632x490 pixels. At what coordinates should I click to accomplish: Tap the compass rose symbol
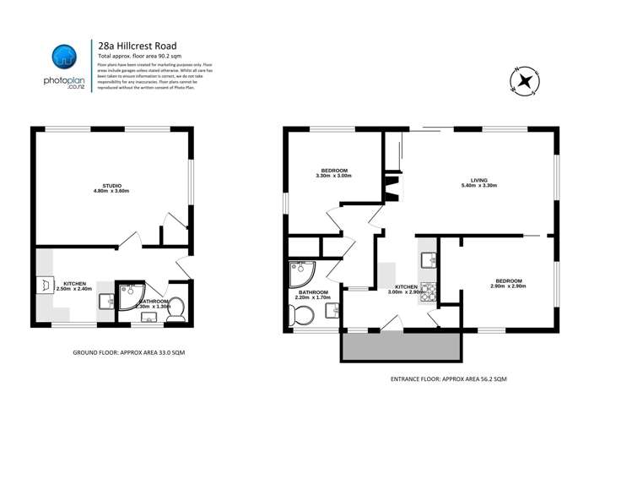[x=525, y=81]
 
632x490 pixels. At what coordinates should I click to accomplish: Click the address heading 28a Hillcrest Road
[x=137, y=46]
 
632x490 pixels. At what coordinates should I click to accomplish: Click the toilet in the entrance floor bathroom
[x=301, y=316]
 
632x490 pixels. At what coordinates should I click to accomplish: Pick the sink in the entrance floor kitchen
[x=428, y=260]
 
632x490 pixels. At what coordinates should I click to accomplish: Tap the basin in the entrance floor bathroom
[x=332, y=310]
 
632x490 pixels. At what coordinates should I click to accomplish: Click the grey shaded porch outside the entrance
[x=401, y=346]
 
